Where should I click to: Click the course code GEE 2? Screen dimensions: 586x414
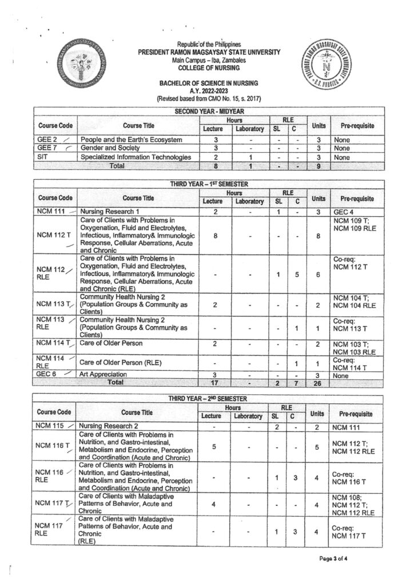point(46,140)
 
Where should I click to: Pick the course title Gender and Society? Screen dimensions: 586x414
point(110,148)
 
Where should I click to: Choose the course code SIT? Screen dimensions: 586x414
point(42,157)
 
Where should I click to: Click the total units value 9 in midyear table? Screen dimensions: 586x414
point(319,166)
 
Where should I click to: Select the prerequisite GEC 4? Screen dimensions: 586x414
point(342,211)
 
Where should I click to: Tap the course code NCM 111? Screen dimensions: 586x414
point(49,211)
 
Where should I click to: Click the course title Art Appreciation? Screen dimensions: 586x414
point(106,374)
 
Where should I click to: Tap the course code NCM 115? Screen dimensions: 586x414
point(49,426)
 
